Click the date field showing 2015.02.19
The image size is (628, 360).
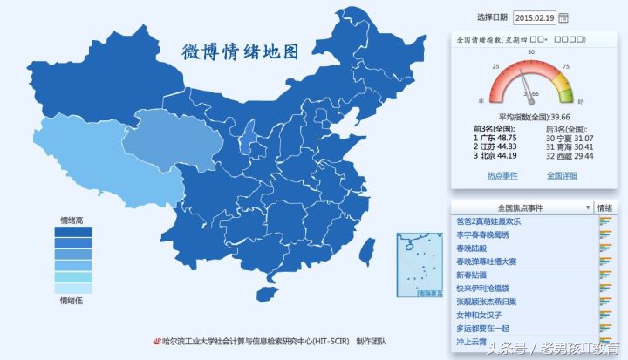pos(535,17)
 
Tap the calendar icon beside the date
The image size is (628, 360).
pos(563,17)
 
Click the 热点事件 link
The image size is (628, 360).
pos(502,175)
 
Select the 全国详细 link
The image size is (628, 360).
pos(563,175)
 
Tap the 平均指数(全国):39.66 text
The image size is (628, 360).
pos(534,117)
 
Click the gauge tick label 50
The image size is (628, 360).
pos(530,53)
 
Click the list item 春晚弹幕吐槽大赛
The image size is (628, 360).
pos(487,262)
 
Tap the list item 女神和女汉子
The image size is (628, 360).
pos(480,315)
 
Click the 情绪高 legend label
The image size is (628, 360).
pos(72,220)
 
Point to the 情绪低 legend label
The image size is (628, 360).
pos(72,301)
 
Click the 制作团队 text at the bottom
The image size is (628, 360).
pos(371,342)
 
